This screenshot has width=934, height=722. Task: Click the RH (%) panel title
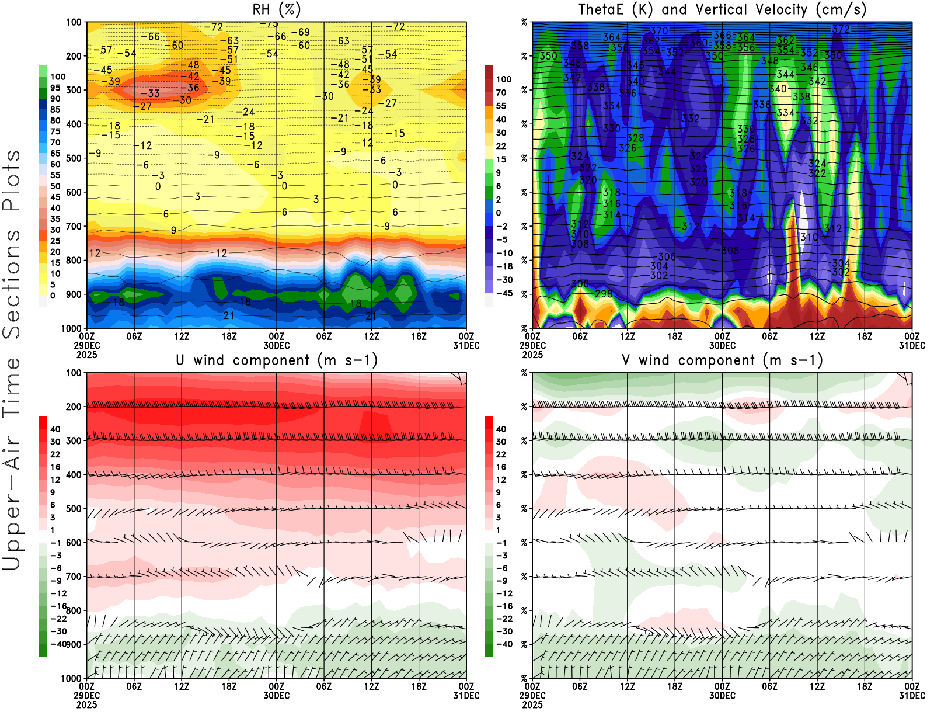(276, 9)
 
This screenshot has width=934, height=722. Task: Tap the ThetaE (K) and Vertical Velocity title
(722, 9)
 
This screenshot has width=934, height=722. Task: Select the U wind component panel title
(276, 360)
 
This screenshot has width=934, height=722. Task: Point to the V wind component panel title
(722, 360)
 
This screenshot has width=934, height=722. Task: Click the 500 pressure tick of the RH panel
(74, 158)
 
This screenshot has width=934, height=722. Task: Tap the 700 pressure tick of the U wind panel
(74, 577)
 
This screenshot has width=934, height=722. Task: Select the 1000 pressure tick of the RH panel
(72, 328)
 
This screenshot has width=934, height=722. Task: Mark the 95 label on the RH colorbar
(55, 88)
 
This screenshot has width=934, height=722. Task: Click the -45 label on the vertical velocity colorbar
(504, 293)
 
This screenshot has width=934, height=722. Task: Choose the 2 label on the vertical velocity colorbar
(499, 199)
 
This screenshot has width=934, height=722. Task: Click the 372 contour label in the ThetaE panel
(841, 29)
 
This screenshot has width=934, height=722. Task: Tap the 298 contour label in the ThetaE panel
(604, 294)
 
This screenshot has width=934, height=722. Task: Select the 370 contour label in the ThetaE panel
(659, 31)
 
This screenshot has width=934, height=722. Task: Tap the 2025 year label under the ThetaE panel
(532, 355)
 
